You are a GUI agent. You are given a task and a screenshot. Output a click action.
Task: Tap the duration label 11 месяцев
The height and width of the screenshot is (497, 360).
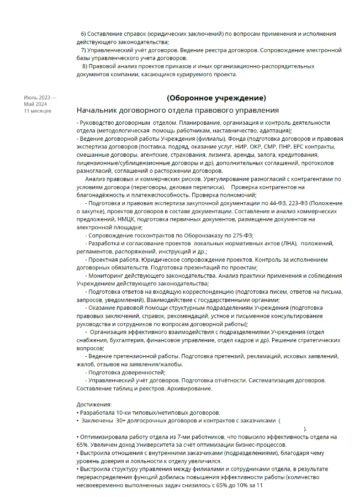pos(38,111)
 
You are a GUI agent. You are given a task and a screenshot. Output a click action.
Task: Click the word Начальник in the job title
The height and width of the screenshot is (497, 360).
pos(98,110)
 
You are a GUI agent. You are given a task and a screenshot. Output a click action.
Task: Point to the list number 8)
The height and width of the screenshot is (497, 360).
pos(84,66)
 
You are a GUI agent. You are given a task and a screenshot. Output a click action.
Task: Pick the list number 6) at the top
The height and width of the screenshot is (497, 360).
pos(84,34)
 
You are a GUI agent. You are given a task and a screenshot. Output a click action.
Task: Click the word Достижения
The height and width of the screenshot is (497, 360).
pos(94,405)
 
